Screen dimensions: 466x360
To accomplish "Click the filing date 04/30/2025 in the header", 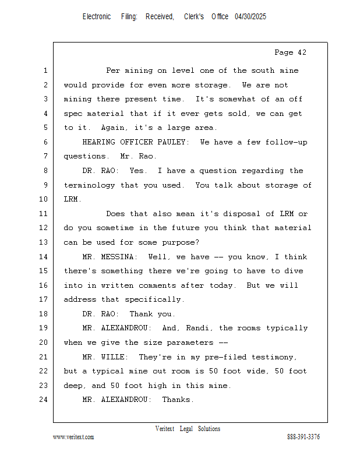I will pyautogui.click(x=250, y=17).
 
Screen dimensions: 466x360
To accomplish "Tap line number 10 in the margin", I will pyautogui.click(x=43, y=199).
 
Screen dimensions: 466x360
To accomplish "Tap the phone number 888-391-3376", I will pyautogui.click(x=303, y=437).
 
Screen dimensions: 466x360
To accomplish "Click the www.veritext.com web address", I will pyautogui.click(x=73, y=437).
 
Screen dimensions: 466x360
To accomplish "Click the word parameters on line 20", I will pyautogui.click(x=193, y=343).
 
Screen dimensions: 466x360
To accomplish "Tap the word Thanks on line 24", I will pyautogui.click(x=178, y=400).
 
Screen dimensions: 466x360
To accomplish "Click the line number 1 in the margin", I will pyautogui.click(x=45, y=71).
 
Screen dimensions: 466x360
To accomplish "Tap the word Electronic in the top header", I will pyautogui.click(x=97, y=17).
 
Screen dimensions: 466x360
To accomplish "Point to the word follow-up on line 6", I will pyautogui.click(x=286, y=142).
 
